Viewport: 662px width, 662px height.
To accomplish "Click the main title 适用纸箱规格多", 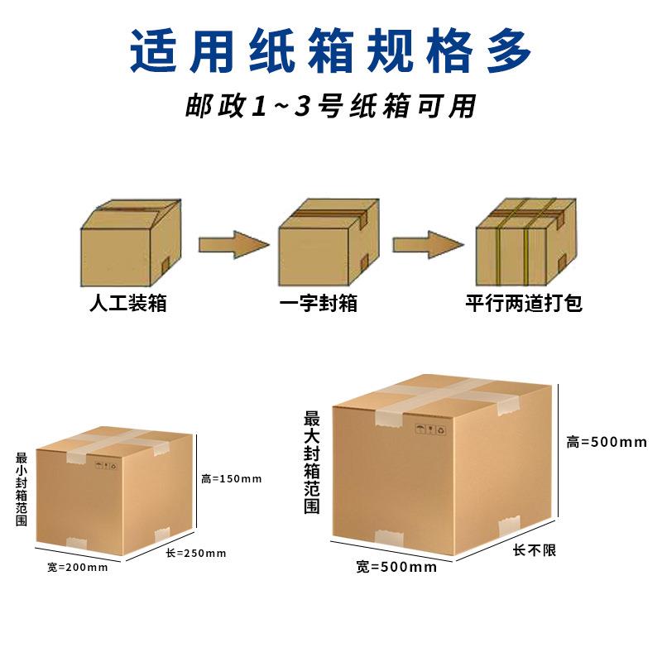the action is coord(331,51).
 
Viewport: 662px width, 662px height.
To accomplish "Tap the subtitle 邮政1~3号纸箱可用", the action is coord(331,108).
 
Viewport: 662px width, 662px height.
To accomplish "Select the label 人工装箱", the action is coord(128,304).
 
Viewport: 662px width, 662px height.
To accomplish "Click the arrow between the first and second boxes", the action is coord(233,244).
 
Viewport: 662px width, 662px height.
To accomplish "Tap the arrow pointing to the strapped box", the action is coord(427,244).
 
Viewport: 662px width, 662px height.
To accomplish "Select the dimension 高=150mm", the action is coord(232,478).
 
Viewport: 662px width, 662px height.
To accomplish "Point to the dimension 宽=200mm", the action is coord(77,567).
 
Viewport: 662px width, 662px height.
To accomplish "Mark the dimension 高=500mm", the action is coord(606,442).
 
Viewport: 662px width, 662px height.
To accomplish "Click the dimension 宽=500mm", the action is coord(396,567).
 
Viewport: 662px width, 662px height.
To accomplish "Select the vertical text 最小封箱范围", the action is coord(21,489).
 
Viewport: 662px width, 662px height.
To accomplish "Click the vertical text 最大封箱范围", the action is coord(311,463).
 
